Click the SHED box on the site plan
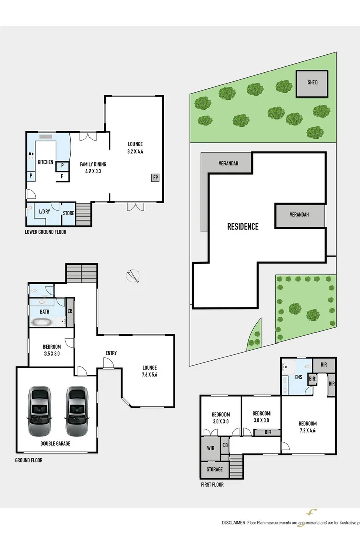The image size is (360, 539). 312,82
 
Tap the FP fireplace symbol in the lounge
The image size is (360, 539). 155,177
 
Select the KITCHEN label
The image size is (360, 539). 46,162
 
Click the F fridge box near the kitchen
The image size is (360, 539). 62,176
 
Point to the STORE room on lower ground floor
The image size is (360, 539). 68,213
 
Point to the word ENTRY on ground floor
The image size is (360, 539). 111,353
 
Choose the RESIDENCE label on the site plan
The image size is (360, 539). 243,227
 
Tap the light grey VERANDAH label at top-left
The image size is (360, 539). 228,163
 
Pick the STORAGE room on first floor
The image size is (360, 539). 214,470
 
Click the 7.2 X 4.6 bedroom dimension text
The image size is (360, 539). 307,431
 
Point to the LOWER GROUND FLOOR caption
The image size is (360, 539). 46,232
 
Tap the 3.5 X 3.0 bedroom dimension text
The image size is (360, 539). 52,354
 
